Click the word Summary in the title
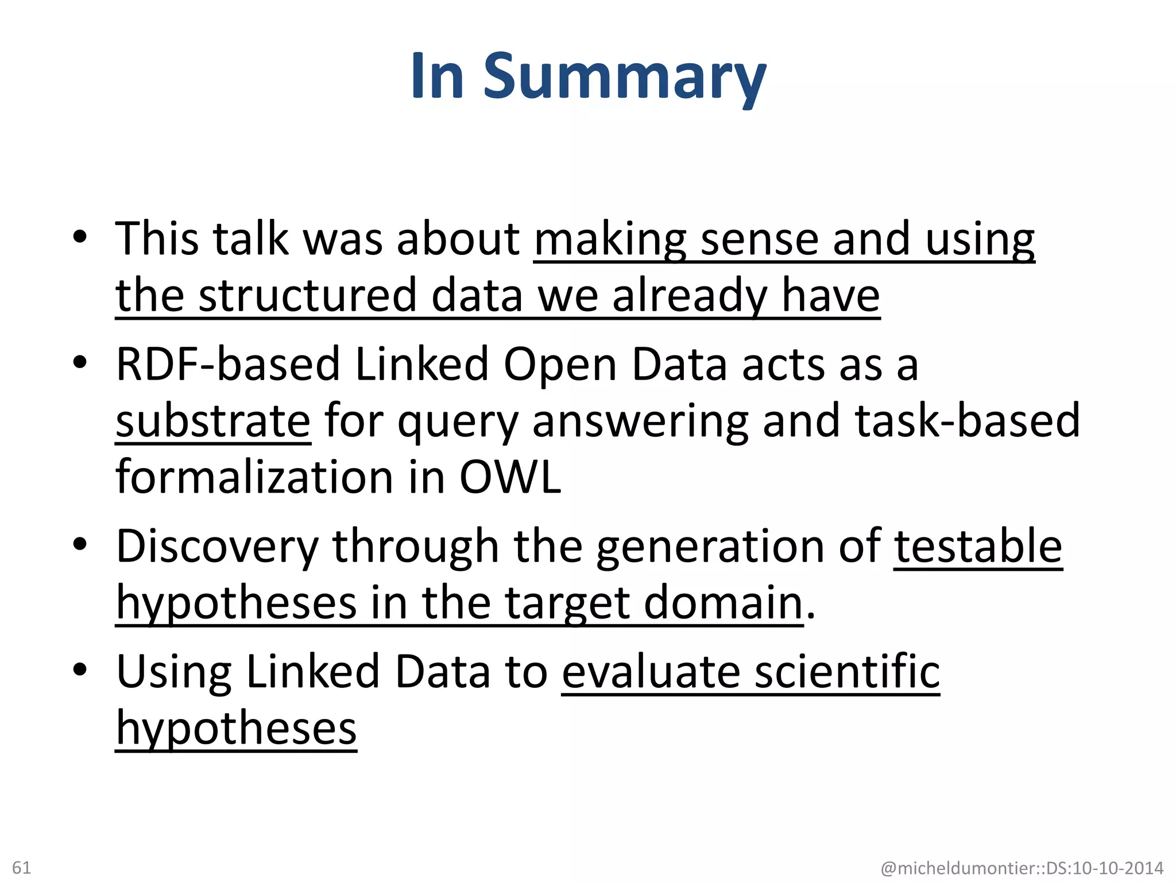[625, 78]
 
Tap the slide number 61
[22, 867]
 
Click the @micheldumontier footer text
[1022, 868]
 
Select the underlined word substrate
[213, 421]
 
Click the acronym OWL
[510, 477]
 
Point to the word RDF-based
[228, 364]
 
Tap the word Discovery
[216, 547]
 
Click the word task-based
[967, 421]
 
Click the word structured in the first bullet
[307, 295]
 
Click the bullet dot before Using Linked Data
[80, 670]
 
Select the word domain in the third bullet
[723, 603]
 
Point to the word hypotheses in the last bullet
[236, 728]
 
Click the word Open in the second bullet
[560, 365]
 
